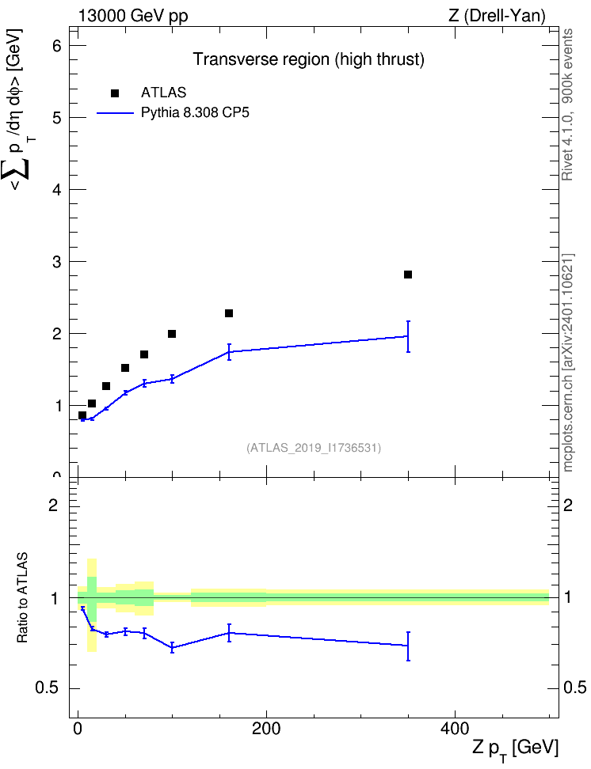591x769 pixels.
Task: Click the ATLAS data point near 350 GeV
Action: point(408,275)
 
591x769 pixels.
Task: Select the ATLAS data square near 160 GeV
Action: point(229,313)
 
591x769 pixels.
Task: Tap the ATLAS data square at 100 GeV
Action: point(172,334)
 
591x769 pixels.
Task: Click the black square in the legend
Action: point(115,93)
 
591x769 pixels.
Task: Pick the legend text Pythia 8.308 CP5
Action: point(195,113)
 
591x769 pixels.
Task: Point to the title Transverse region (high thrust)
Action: point(308,59)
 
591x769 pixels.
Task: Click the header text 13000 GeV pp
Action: point(133,16)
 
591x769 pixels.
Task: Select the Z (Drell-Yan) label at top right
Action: point(497,16)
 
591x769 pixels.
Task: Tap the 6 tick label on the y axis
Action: point(58,46)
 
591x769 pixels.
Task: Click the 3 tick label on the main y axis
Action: point(58,261)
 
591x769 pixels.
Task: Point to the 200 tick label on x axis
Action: point(266,729)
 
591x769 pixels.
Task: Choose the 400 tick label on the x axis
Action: point(455,729)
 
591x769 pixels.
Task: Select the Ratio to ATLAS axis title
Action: point(22,597)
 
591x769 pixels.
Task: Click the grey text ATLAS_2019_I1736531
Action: point(314,447)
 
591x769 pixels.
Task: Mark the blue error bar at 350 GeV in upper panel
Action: point(408,336)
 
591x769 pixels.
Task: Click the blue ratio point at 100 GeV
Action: point(172,647)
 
